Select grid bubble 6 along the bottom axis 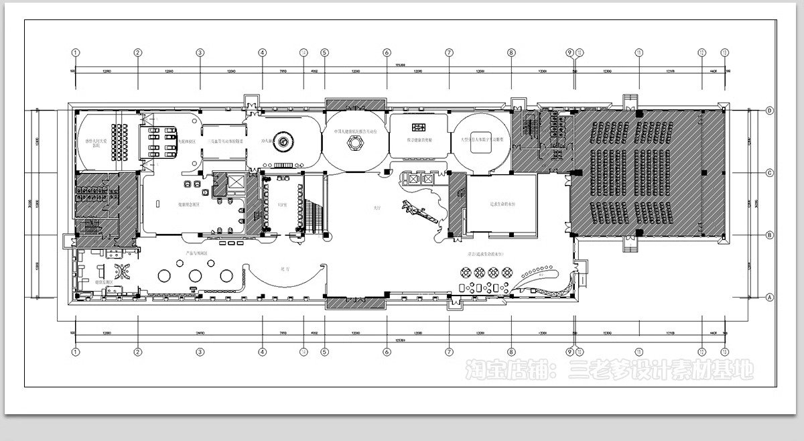point(387,352)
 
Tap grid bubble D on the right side point(770,111)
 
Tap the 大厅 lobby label point(377,208)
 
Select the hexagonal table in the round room point(355,142)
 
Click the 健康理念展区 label point(188,206)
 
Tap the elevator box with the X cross point(238,182)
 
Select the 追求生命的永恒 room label point(500,206)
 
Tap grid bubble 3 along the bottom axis point(200,352)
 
